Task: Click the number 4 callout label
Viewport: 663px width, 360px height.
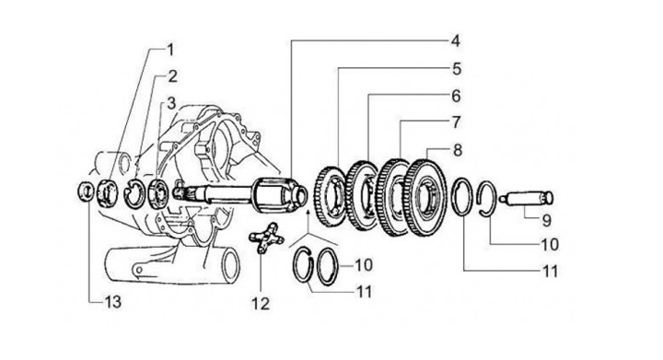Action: pos(455,41)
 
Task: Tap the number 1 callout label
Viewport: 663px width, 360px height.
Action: pos(170,50)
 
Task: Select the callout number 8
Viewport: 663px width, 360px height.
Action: pos(458,150)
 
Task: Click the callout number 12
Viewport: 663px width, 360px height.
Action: pos(261,304)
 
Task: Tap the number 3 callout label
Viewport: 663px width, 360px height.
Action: pos(171,103)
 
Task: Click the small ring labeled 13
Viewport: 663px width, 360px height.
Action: pos(87,192)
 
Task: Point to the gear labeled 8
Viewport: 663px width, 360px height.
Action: pos(425,198)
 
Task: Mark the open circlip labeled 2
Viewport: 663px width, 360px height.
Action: pos(134,193)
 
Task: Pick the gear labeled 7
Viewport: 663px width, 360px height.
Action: pos(394,197)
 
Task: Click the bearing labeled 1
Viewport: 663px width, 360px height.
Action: pos(109,192)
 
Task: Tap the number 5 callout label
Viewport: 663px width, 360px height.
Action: pos(456,69)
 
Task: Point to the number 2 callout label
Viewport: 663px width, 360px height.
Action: pos(172,76)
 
